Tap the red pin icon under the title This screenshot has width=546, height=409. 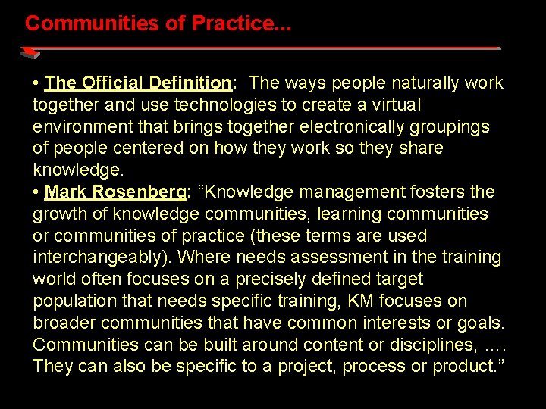click(30, 52)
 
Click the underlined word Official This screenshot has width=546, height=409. click(113, 83)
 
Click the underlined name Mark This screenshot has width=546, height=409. click(66, 192)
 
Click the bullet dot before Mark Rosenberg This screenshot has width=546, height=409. click(36, 192)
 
